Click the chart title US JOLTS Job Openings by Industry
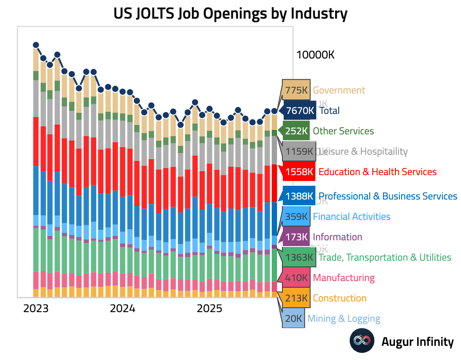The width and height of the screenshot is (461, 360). [230, 14]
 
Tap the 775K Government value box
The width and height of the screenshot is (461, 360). [296, 90]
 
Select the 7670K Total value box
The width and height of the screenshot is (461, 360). [300, 111]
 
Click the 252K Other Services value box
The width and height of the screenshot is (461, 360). [296, 131]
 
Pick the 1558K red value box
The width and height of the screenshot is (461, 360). [300, 172]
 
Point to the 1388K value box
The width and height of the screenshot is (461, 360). [300, 196]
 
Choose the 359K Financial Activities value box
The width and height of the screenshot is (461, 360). [296, 217]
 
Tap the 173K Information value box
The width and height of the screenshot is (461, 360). [296, 237]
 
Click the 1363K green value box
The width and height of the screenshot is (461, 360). [300, 258]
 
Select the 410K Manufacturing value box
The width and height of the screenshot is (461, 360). [296, 278]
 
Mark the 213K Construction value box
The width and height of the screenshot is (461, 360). [296, 298]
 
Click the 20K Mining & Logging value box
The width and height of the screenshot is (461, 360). [293, 319]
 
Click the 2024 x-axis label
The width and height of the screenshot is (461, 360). [122, 308]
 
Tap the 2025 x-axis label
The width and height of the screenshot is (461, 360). [209, 308]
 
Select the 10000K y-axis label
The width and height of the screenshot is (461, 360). [315, 55]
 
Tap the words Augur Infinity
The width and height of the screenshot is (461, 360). [418, 342]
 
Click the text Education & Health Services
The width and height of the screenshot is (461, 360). [378, 172]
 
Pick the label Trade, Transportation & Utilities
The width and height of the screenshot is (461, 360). [385, 258]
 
